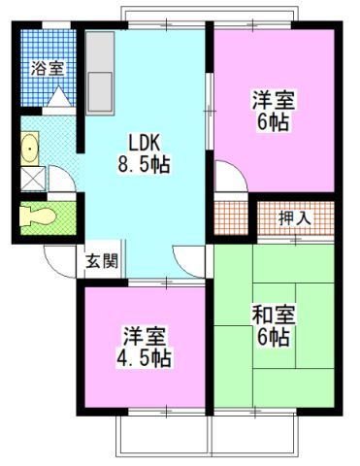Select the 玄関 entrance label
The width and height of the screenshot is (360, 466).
click(x=101, y=260)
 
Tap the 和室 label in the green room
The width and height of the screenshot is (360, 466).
click(x=273, y=316)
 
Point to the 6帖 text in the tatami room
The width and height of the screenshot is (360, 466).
click(x=273, y=339)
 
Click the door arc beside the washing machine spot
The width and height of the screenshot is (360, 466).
click(x=61, y=180)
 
